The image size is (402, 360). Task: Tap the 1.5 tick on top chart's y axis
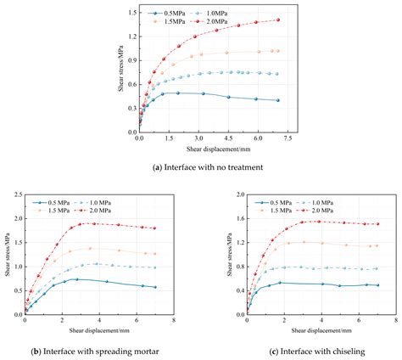click(130, 12)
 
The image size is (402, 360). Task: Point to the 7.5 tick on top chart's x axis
click(288, 138)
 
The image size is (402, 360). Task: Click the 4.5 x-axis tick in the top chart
click(228, 138)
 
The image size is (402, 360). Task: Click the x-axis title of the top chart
click(214, 149)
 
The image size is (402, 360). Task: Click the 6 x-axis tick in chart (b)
click(136, 320)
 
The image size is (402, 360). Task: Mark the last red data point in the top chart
click(276, 20)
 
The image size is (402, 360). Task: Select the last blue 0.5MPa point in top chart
click(276, 100)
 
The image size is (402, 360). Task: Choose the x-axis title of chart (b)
click(98, 330)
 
